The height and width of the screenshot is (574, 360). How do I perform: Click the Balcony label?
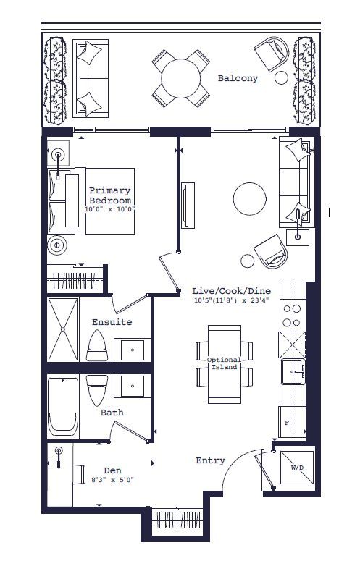pos(238,78)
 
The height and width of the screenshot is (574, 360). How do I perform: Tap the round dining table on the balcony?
pos(181,78)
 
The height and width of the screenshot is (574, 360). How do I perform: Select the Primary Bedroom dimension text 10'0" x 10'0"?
pos(110,210)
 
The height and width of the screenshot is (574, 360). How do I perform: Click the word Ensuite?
pos(112,322)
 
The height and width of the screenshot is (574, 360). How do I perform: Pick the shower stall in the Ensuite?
pos(63,329)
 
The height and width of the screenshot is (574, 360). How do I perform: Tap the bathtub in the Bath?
pos(63,406)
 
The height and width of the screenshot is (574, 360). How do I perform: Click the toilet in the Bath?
pos(97,390)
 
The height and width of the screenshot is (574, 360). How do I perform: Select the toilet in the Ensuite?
pos(97,345)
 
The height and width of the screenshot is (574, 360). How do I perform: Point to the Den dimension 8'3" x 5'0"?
pos(112,480)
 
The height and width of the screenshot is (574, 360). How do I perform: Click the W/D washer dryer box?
pos(297,468)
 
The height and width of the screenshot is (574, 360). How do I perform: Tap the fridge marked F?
pos(292,422)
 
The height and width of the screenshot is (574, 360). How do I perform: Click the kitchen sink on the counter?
pos(293,371)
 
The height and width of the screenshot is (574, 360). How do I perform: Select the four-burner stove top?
pos(292,316)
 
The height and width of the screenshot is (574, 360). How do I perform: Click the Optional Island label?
pos(224,363)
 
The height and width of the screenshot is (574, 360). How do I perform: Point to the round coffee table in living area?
pos(250,199)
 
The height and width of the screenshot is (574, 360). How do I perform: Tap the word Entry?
pos(211,460)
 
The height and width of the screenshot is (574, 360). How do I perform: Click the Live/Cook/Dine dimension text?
pos(232,301)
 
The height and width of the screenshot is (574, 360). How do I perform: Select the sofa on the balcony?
pos(91,78)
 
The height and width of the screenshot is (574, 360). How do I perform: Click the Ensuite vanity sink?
pos(133,350)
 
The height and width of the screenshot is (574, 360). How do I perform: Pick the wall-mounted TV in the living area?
pos(188,205)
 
